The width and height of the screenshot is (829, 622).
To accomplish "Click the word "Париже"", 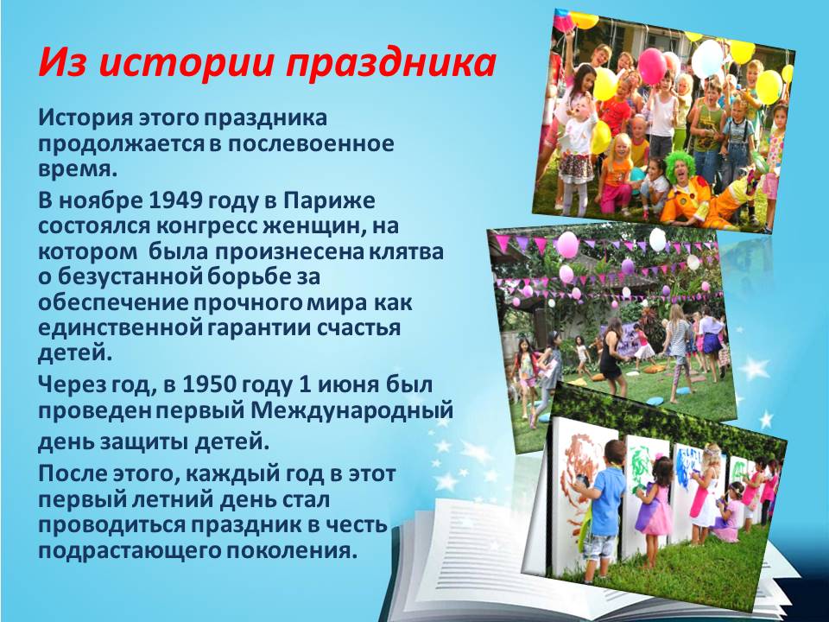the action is tap(329, 201).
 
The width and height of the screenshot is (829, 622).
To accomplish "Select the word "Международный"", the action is tap(351, 410).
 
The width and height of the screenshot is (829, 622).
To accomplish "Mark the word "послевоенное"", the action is tap(311, 144).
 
